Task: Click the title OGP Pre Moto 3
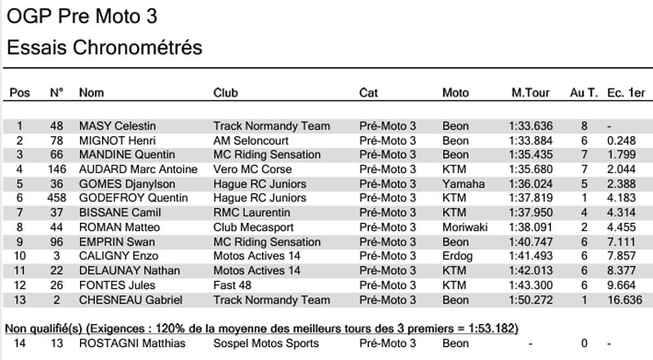82,16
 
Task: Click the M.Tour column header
528,93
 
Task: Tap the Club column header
225,93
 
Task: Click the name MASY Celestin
117,127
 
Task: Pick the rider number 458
56,198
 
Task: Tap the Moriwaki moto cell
465,228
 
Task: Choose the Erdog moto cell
457,256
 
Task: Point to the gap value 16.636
624,300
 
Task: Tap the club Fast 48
232,286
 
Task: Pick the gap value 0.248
622,140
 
